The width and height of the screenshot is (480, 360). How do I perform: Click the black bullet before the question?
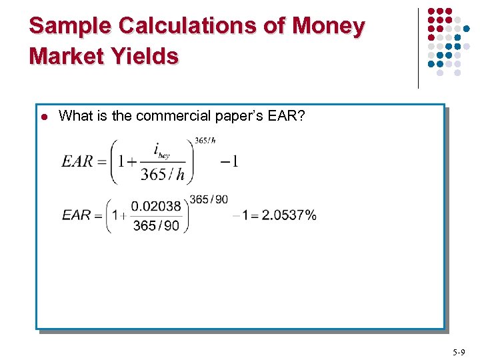pos(43,117)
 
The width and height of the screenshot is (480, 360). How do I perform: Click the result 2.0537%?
pos(289,215)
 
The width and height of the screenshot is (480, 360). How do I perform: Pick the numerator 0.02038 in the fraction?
pos(156,206)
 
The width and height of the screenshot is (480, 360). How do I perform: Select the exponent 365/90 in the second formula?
pos(208,199)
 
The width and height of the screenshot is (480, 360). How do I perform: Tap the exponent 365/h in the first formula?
pos(205,140)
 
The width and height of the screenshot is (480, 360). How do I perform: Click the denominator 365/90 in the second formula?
pos(156,225)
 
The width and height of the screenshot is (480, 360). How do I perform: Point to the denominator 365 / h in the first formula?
pos(162,175)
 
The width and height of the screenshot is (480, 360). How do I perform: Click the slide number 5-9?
pos(459,351)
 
